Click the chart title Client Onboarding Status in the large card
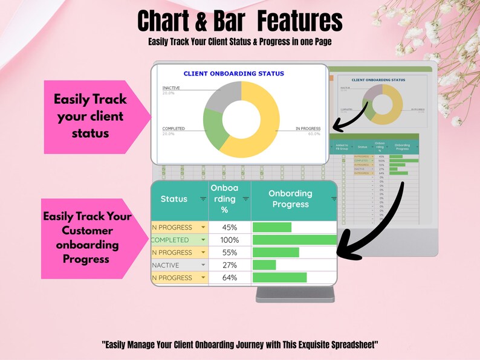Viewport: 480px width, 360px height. click(233, 74)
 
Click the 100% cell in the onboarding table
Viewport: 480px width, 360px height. click(229, 240)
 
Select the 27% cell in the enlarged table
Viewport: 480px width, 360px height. click(229, 265)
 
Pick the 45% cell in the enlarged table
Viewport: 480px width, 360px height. click(229, 228)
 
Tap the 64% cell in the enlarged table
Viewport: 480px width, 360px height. click(229, 278)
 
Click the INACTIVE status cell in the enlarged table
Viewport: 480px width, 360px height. click(172, 265)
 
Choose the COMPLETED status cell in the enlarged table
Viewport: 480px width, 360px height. click(172, 240)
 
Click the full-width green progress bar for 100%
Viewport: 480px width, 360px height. click(294, 240)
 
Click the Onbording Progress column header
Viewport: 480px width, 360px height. click(290, 199)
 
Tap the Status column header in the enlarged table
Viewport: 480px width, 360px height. click(174, 199)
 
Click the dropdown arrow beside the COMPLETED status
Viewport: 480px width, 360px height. click(203, 240)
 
